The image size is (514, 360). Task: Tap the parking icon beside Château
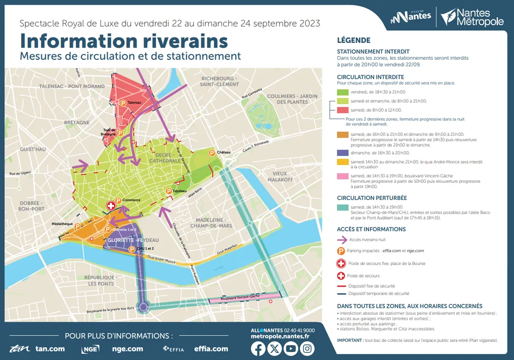tap(211, 152)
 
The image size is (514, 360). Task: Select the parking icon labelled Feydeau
tap(169, 191)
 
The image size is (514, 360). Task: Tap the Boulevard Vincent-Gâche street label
tap(240, 297)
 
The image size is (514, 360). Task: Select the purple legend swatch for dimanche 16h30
tap(343, 153)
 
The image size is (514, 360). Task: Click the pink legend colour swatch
tap(343, 176)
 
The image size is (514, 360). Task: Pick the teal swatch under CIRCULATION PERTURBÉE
tap(343, 207)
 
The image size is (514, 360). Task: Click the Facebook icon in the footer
tap(258, 349)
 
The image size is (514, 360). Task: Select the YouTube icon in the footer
tap(291, 349)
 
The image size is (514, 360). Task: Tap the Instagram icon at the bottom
tap(307, 349)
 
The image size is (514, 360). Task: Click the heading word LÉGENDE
tap(354, 41)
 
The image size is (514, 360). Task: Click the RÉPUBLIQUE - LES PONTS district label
tap(100, 280)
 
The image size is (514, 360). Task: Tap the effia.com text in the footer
tap(211, 349)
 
